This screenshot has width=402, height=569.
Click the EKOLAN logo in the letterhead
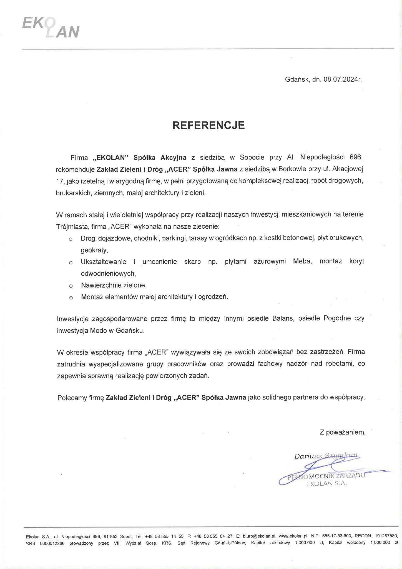pos(51,29)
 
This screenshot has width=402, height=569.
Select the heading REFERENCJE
pos(208,125)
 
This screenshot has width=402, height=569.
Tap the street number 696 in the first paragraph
pos(356,157)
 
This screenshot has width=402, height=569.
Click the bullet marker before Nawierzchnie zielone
pos(71,286)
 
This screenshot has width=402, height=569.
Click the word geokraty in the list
pos(94,250)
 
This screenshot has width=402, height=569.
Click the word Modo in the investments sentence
pos(96,331)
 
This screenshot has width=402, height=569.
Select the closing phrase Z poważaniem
pos(342,432)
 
